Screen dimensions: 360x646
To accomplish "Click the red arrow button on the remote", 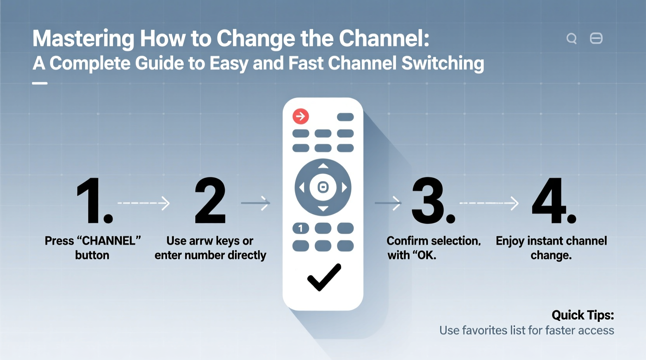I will point(300,116).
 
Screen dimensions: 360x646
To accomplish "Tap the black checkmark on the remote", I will point(324,277).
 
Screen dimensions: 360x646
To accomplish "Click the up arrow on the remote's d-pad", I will point(323,166).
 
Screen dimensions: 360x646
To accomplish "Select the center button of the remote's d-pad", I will point(323,187).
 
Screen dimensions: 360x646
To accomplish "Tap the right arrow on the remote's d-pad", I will point(344,188).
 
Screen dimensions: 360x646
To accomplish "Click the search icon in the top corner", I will point(571,38).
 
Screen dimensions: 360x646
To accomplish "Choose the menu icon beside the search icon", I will point(596,38).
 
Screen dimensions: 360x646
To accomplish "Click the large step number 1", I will point(92,201).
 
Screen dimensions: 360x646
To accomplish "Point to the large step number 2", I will point(210,201).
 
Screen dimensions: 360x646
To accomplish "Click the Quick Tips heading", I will point(582,315).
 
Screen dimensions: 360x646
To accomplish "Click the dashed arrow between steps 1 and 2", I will point(144,203).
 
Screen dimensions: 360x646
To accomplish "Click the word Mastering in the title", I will point(83,39).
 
